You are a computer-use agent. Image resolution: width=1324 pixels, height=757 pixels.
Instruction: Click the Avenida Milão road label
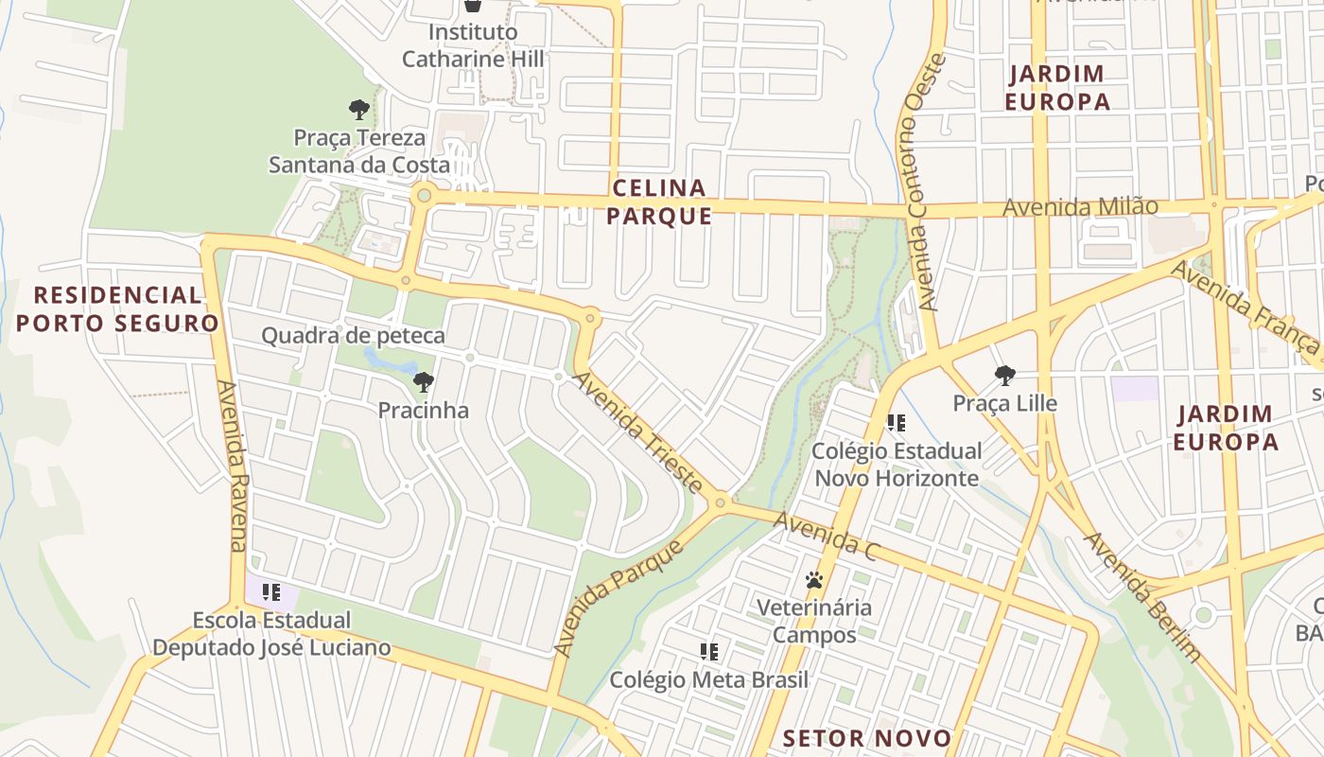1080,206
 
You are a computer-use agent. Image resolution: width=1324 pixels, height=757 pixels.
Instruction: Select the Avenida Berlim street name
1142,597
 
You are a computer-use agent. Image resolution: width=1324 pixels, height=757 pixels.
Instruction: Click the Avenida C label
826,537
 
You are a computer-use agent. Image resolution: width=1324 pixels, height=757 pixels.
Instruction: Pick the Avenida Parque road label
618,600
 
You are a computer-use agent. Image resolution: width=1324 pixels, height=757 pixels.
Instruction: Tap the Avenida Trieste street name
639,431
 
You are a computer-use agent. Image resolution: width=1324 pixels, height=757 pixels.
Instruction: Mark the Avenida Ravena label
233,466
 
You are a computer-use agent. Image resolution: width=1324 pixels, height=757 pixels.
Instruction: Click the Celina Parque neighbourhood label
659,202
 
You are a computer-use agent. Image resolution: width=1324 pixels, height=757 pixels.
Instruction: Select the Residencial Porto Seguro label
117,308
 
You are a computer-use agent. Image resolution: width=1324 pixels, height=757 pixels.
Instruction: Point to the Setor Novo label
867,738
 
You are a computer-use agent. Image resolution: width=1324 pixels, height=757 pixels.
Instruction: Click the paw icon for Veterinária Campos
814,579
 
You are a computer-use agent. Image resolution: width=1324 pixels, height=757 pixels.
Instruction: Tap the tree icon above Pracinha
423,382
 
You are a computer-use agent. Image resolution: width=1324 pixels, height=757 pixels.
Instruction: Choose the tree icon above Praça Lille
1004,376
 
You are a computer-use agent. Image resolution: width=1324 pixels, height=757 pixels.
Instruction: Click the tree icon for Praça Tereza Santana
358,110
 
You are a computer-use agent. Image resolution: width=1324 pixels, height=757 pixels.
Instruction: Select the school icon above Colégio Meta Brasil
709,651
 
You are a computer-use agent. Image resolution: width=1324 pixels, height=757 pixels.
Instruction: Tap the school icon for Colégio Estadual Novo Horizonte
896,423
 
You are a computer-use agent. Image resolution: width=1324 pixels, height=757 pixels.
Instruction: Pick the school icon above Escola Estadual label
271,592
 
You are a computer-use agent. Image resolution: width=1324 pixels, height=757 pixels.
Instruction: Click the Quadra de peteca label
353,335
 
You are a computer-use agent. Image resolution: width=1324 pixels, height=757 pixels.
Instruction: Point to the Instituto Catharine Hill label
473,45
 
